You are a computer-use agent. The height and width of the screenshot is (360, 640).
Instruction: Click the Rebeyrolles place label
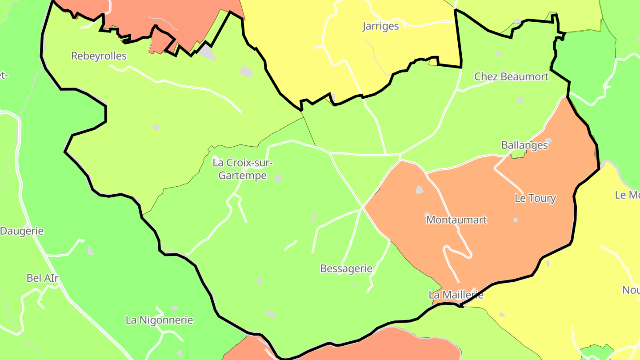click(99, 56)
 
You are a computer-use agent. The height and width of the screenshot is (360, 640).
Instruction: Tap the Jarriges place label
click(380, 26)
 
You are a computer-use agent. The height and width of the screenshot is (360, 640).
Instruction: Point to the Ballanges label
click(524, 145)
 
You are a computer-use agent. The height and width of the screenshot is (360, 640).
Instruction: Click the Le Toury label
click(535, 198)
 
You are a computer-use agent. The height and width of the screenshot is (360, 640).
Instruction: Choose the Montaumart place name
click(456, 220)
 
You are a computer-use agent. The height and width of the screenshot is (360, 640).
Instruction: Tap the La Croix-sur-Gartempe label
click(242, 169)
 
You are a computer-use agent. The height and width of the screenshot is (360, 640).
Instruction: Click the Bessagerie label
click(346, 268)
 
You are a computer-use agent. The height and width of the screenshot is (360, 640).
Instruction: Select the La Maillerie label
click(456, 295)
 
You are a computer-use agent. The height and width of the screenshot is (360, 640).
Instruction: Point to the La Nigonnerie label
click(160, 320)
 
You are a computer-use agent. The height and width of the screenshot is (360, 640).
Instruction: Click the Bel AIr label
click(43, 278)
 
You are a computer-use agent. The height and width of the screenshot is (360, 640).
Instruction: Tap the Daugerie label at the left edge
click(22, 231)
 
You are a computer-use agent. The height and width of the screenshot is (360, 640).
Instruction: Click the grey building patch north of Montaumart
click(419, 190)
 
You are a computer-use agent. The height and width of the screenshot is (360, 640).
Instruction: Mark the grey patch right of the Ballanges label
click(549, 141)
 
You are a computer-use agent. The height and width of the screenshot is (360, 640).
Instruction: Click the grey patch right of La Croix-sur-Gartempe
click(278, 178)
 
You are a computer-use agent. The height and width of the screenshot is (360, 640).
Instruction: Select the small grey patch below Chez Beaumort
click(520, 100)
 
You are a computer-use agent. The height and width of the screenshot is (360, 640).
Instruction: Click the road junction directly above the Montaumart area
click(400, 156)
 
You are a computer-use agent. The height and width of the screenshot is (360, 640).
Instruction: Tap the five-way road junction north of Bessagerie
click(363, 208)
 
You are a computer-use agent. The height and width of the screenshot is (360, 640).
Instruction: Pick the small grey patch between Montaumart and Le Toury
click(516, 220)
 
